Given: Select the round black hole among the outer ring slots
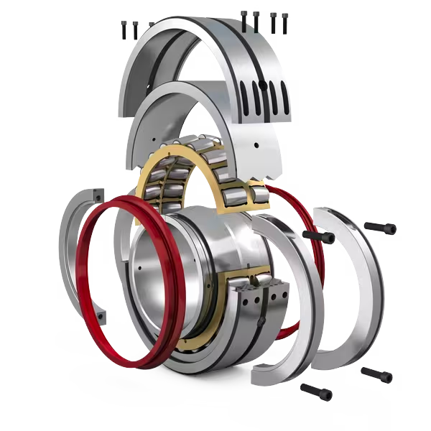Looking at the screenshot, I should coord(263,85).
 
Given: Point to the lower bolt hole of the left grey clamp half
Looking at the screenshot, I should coord(101,314).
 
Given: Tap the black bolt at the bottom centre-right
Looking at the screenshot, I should coord(316,391).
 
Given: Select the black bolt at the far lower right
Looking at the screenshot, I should coord(376,374).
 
